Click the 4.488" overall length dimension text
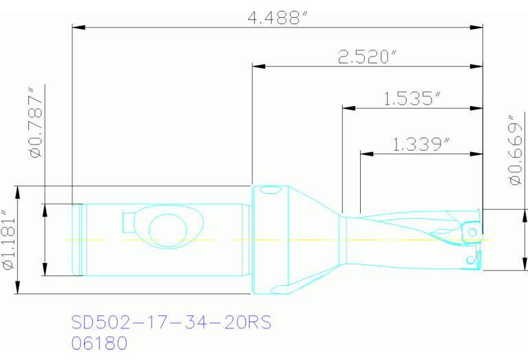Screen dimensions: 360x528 point(277,18)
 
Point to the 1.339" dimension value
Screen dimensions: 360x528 point(421,145)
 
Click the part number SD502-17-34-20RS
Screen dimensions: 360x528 point(167,324)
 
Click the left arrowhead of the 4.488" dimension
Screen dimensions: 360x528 point(78,28)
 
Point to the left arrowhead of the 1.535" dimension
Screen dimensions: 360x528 point(348,108)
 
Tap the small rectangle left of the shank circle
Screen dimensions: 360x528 point(128,223)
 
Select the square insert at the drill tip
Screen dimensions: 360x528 point(471,230)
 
